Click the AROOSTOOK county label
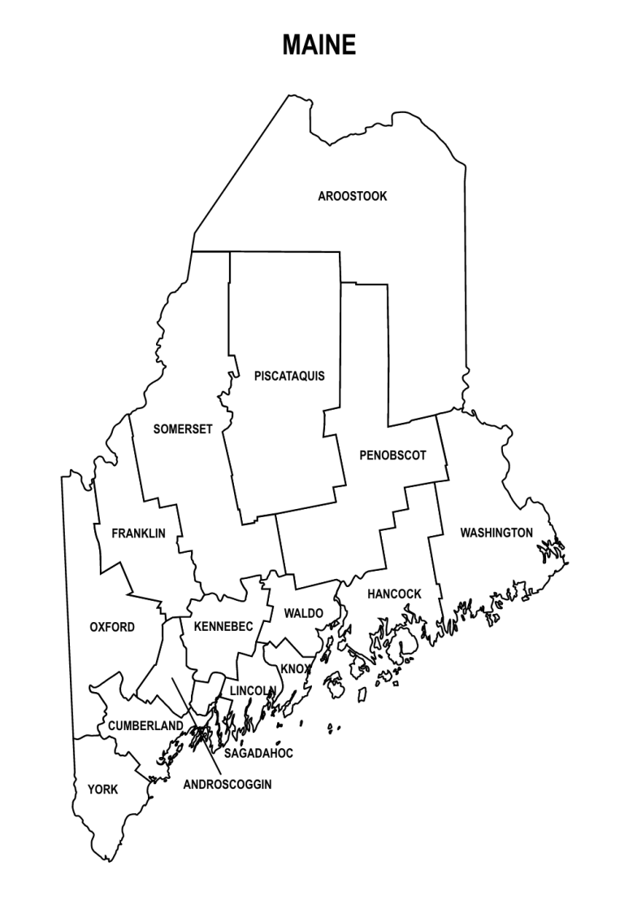(353, 196)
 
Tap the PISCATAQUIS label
(289, 376)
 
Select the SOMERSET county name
(182, 429)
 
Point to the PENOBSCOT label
(392, 455)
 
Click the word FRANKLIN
(138, 533)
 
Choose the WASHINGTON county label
(496, 533)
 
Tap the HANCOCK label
(394, 594)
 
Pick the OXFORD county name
(112, 627)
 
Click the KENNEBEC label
(223, 626)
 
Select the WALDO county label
(304, 612)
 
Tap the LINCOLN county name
(252, 690)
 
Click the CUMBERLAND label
(140, 725)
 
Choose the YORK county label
(103, 789)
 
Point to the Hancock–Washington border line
(437, 537)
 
